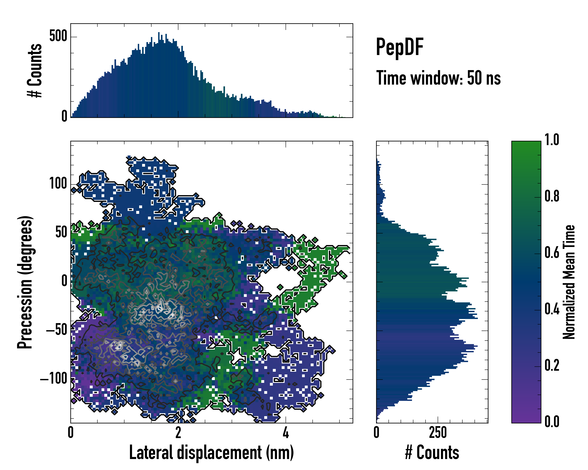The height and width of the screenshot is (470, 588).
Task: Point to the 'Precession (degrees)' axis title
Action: click(25, 282)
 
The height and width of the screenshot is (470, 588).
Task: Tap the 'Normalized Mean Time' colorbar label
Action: click(569, 282)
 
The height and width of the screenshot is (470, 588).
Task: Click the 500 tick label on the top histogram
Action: click(58, 36)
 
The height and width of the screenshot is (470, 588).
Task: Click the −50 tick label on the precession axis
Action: click(56, 330)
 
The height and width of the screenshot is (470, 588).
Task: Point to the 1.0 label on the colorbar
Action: click(552, 140)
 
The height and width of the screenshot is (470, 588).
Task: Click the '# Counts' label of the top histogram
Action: click(35, 70)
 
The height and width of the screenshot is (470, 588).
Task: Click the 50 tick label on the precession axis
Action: click(61, 232)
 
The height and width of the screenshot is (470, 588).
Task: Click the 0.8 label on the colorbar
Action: click(552, 196)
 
